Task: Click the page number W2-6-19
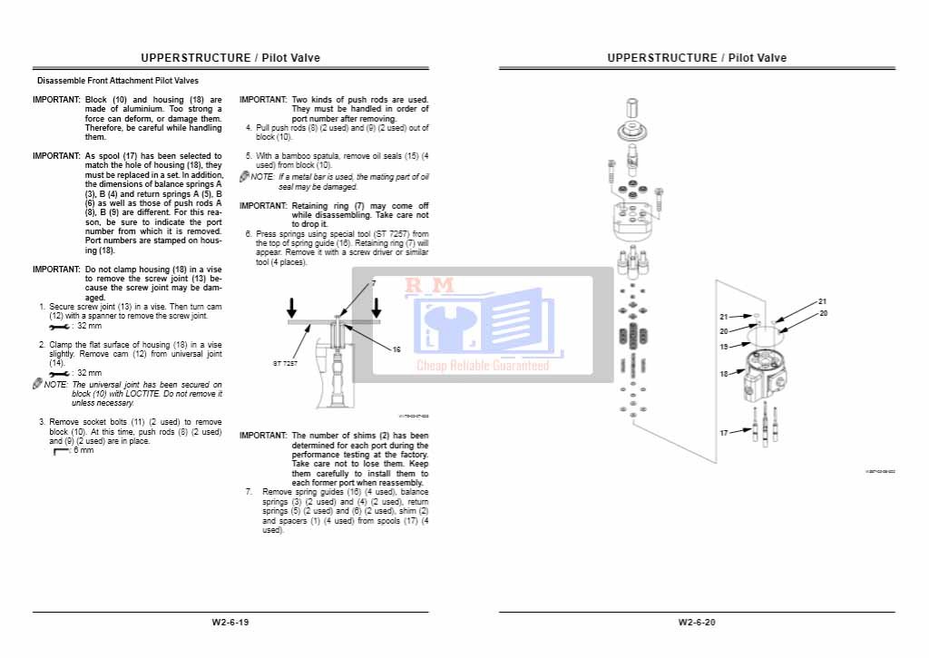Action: point(230,623)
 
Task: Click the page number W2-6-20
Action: point(697,623)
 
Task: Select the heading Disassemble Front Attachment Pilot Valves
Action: point(118,81)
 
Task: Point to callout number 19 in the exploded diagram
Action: point(724,347)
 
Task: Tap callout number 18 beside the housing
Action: point(724,374)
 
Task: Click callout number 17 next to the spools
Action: point(724,433)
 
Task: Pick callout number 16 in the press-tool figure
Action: point(396,349)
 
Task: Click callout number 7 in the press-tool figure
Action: point(372,284)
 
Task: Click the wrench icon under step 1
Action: point(60,325)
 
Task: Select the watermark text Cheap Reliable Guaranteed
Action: point(483,366)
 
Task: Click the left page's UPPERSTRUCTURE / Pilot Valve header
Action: point(230,58)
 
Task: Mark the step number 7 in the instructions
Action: point(249,492)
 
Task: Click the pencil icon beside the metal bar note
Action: point(244,177)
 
